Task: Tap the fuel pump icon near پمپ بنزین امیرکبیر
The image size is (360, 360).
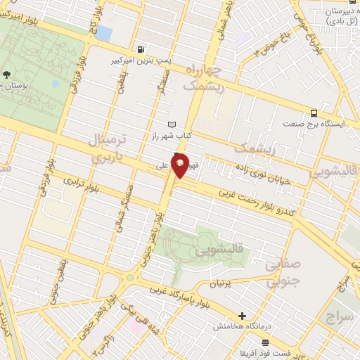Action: click(x=143, y=49)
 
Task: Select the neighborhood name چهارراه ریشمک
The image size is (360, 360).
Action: click(x=205, y=77)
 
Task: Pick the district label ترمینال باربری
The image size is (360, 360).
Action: click(x=109, y=148)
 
